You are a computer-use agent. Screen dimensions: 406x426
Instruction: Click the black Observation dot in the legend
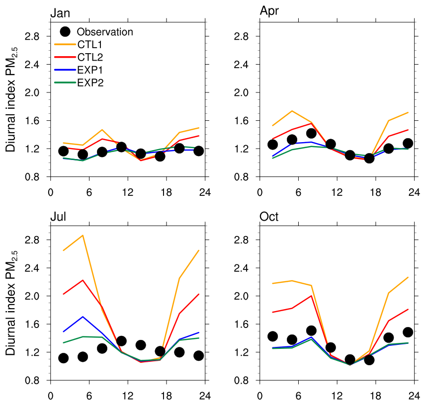tap(65, 32)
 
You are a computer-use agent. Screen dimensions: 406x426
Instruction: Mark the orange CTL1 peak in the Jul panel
tap(83, 235)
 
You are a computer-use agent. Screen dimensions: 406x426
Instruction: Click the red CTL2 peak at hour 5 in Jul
tap(83, 280)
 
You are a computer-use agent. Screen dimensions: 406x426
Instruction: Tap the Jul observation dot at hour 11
tap(121, 341)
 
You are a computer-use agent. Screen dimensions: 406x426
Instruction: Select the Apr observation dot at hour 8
tap(312, 133)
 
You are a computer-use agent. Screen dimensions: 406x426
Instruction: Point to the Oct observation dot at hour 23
tap(408, 332)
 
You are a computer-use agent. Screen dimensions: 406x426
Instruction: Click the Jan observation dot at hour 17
tap(160, 156)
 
